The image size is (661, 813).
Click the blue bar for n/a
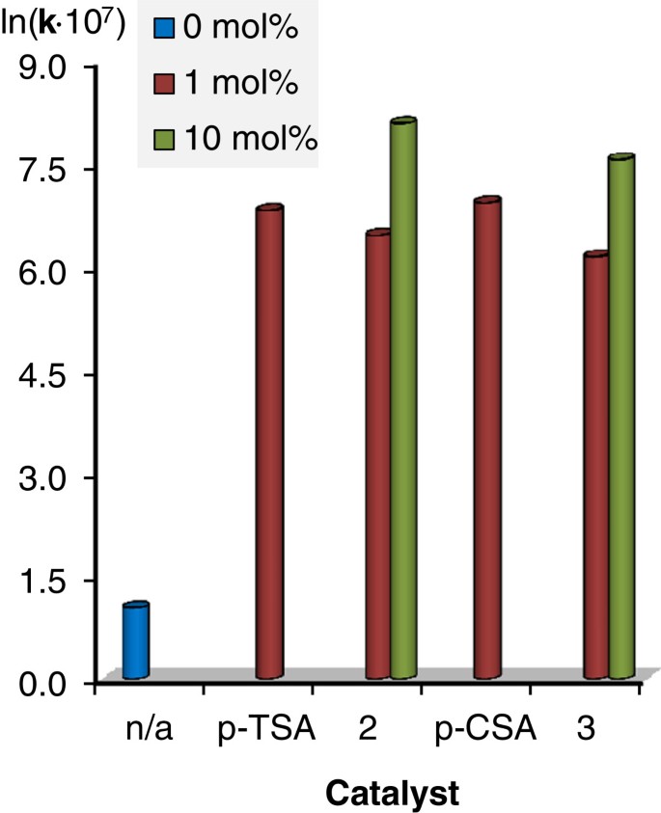pyautogui.click(x=136, y=641)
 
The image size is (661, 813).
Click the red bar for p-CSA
pyautogui.click(x=487, y=439)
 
